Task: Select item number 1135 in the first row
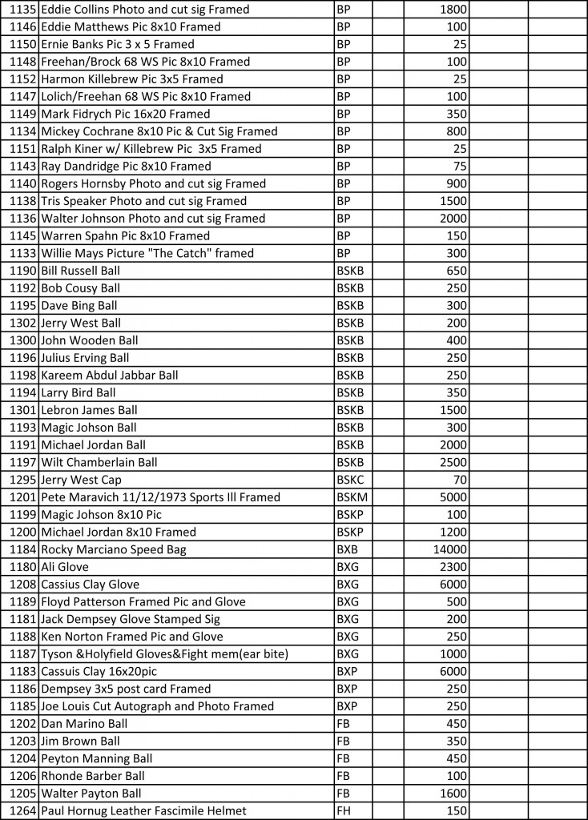(23, 10)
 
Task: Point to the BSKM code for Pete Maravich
(352, 497)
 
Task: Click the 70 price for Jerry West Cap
(460, 480)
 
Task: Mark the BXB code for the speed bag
(347, 549)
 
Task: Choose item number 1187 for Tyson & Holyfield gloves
(23, 654)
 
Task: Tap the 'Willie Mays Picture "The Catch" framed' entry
(147, 253)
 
